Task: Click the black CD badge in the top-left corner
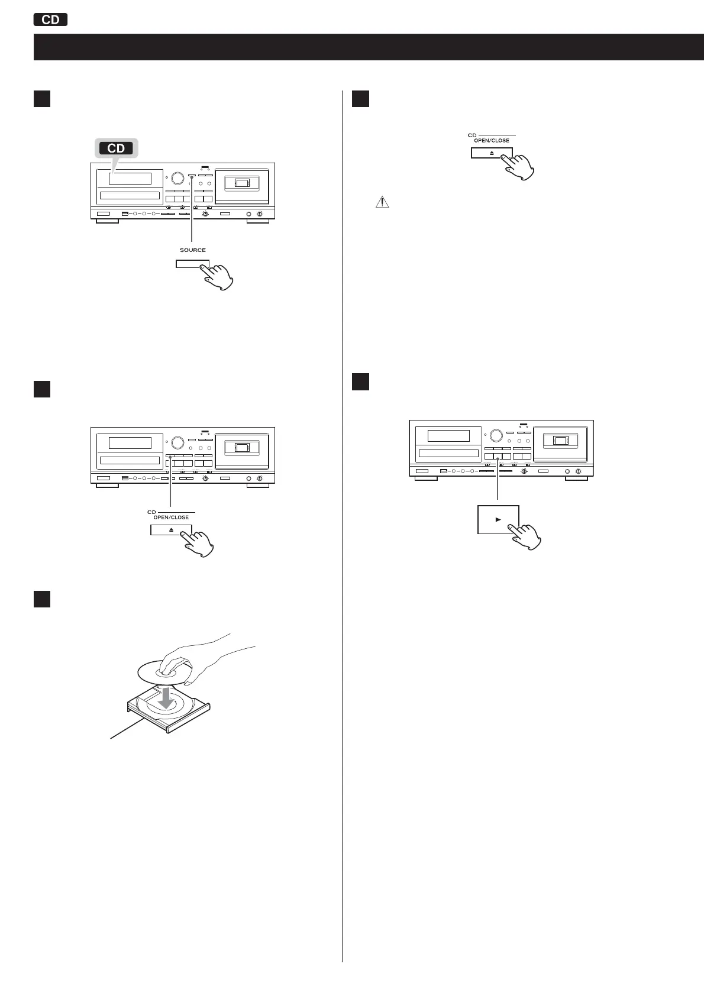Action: (51, 20)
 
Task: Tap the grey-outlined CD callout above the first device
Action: (116, 148)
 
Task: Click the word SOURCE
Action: (193, 250)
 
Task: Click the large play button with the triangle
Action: (498, 520)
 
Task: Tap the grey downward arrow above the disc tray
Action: (167, 696)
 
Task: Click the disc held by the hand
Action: (159, 672)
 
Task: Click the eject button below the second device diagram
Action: (171, 530)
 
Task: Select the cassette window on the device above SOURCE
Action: (243, 182)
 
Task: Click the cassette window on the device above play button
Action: (561, 441)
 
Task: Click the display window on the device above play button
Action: (448, 436)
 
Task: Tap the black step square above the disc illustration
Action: (41, 599)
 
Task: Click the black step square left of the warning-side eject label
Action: (360, 98)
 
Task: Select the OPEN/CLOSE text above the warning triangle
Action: (492, 141)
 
